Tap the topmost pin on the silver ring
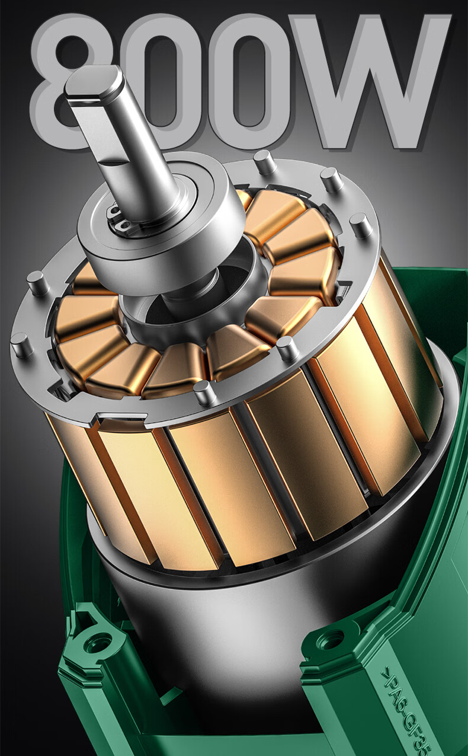tap(263, 161)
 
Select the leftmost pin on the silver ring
tap(21, 345)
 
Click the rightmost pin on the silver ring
tap(361, 225)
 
